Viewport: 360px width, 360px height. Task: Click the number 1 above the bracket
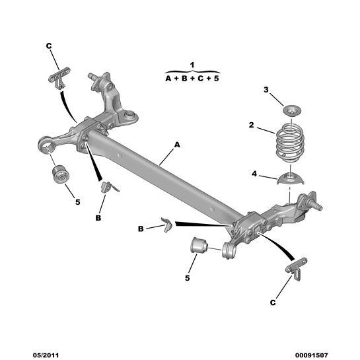coord(192,64)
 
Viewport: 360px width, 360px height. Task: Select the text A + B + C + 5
coord(192,77)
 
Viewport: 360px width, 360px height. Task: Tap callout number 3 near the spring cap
coord(266,90)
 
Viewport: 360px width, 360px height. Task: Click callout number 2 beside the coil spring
coord(251,125)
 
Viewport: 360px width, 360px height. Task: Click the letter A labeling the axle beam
coord(177,143)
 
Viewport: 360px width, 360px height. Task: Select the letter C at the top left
coord(49,46)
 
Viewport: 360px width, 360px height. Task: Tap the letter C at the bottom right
coord(273,303)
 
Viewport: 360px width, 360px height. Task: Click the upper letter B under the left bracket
coord(98,217)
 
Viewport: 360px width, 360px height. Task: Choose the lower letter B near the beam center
coord(141,229)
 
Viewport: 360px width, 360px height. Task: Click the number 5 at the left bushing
coord(77,201)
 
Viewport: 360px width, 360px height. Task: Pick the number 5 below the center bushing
coord(188,278)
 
